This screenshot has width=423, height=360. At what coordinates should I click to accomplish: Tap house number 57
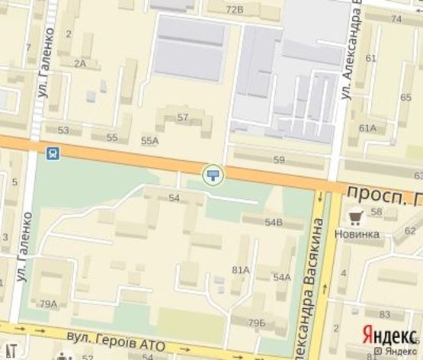(183, 117)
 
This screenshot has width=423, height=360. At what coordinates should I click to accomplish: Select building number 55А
(150, 140)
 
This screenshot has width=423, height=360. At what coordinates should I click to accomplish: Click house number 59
(278, 159)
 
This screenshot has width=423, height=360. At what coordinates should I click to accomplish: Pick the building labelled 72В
(235, 9)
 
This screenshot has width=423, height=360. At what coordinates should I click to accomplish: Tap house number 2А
(80, 63)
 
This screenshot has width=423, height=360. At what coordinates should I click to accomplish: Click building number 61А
(367, 127)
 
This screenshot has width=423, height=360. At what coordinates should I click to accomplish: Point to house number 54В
(274, 222)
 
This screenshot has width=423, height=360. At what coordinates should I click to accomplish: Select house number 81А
(241, 269)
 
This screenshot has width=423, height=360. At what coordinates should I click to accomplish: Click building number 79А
(49, 304)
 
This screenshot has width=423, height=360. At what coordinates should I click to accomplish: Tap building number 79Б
(257, 323)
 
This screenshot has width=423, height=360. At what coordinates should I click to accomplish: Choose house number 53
(63, 130)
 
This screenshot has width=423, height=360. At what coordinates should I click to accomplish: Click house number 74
(396, 19)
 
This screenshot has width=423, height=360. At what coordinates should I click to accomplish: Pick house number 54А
(282, 277)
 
